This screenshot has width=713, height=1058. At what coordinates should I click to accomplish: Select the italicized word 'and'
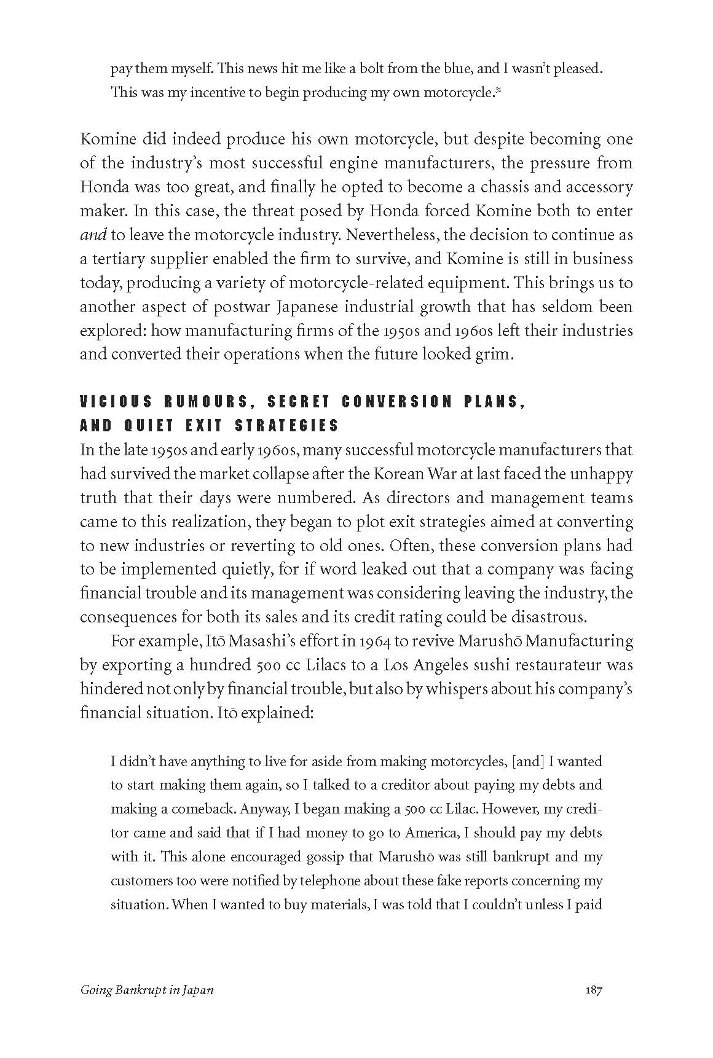[x=93, y=235]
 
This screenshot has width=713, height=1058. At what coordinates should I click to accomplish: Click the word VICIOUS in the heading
[x=116, y=402]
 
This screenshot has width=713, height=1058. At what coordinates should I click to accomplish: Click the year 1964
[x=374, y=641]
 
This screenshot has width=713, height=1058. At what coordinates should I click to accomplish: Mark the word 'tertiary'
[x=114, y=259]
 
